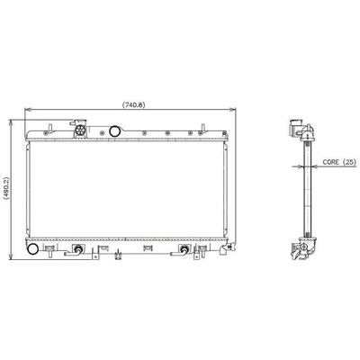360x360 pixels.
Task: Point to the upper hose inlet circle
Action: click(x=114, y=132)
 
